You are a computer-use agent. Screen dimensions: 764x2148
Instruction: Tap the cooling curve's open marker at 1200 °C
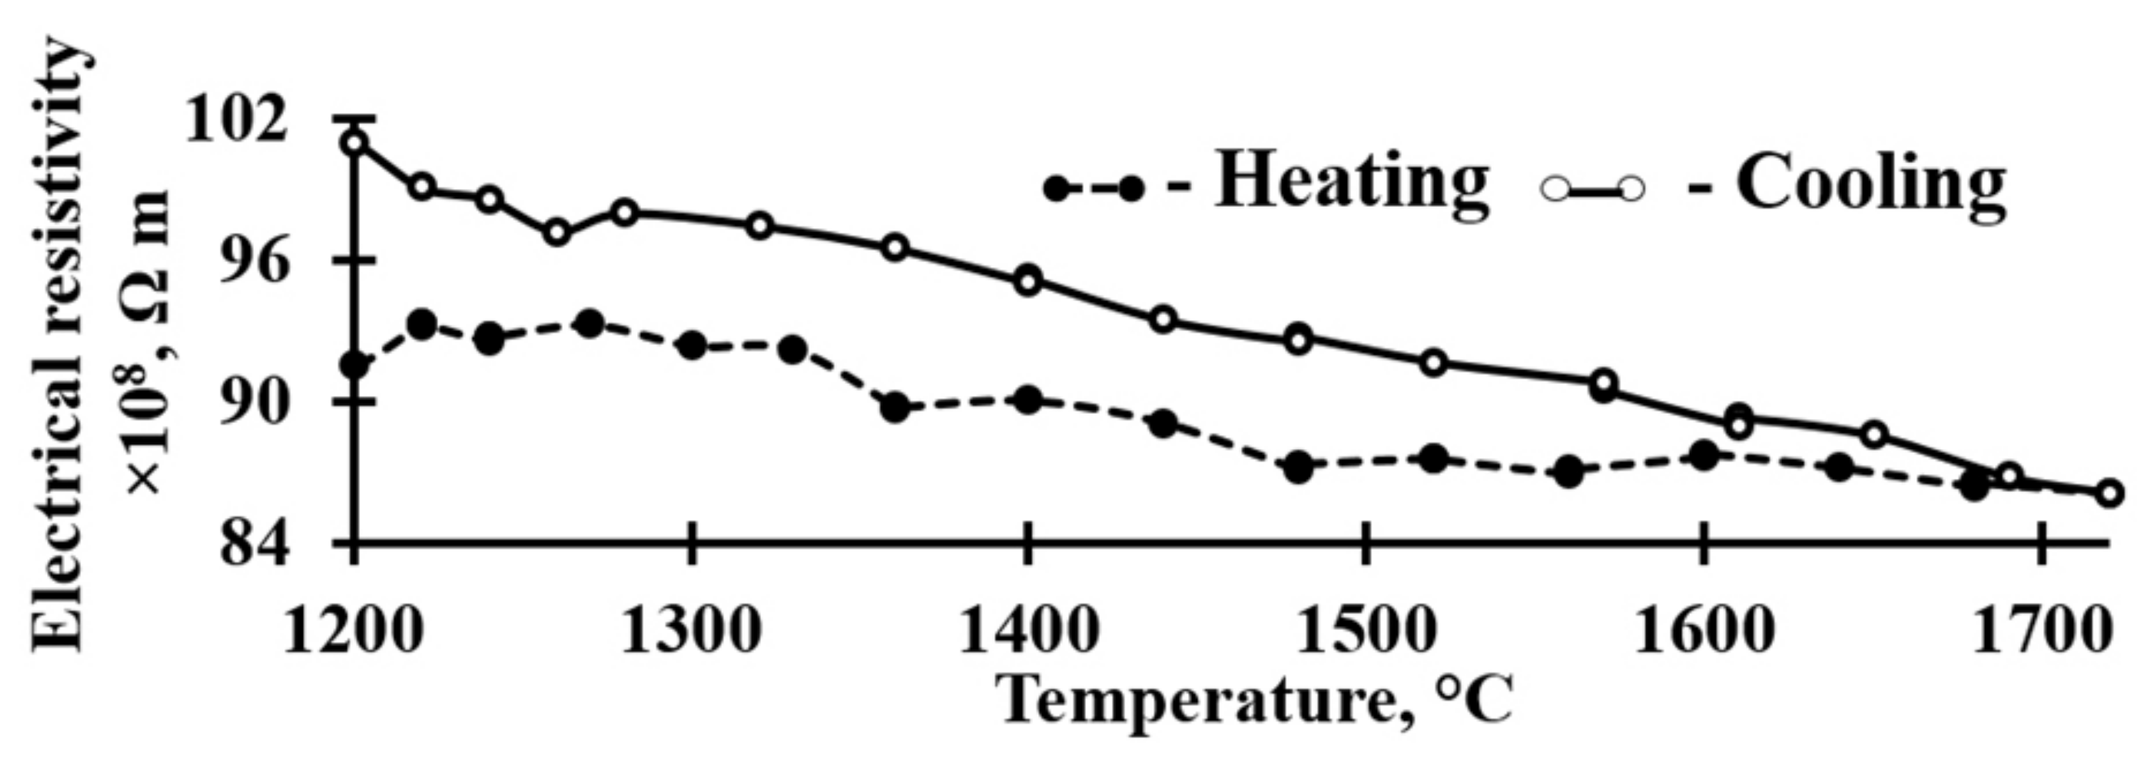pos(355,143)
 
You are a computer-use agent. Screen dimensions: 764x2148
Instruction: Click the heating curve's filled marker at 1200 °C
pos(355,365)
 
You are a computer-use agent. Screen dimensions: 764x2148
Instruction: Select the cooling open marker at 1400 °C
pos(1028,281)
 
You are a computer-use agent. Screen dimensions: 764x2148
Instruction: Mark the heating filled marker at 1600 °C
pos(1704,456)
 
